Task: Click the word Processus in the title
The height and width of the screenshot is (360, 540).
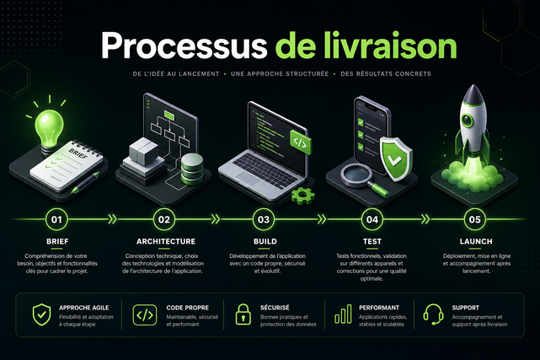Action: tap(184, 46)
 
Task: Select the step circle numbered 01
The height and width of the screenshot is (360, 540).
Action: tap(56, 219)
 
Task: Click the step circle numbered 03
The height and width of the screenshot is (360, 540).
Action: tap(264, 219)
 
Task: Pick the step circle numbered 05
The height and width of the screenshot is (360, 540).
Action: tap(474, 219)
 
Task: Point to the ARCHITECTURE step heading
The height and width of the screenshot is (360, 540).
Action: tap(166, 241)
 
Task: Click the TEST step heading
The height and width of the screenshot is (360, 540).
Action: tap(372, 241)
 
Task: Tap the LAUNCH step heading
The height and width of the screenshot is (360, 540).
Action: tap(476, 241)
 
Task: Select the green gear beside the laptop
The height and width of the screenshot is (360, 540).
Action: tap(303, 196)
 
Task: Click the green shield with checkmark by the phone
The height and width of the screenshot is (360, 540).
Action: tap(396, 159)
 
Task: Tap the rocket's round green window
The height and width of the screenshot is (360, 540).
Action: tap(468, 120)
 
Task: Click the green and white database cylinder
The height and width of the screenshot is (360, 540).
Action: tap(192, 169)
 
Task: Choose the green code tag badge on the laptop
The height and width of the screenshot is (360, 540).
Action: tap(301, 142)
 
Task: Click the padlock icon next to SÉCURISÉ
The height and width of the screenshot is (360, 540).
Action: tap(243, 314)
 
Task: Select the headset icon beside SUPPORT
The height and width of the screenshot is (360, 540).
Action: tap(433, 314)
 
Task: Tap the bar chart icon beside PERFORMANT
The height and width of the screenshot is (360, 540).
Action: tap(343, 314)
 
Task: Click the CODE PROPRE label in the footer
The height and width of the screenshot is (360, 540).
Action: tap(187, 308)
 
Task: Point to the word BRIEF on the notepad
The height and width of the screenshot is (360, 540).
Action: tap(78, 153)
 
